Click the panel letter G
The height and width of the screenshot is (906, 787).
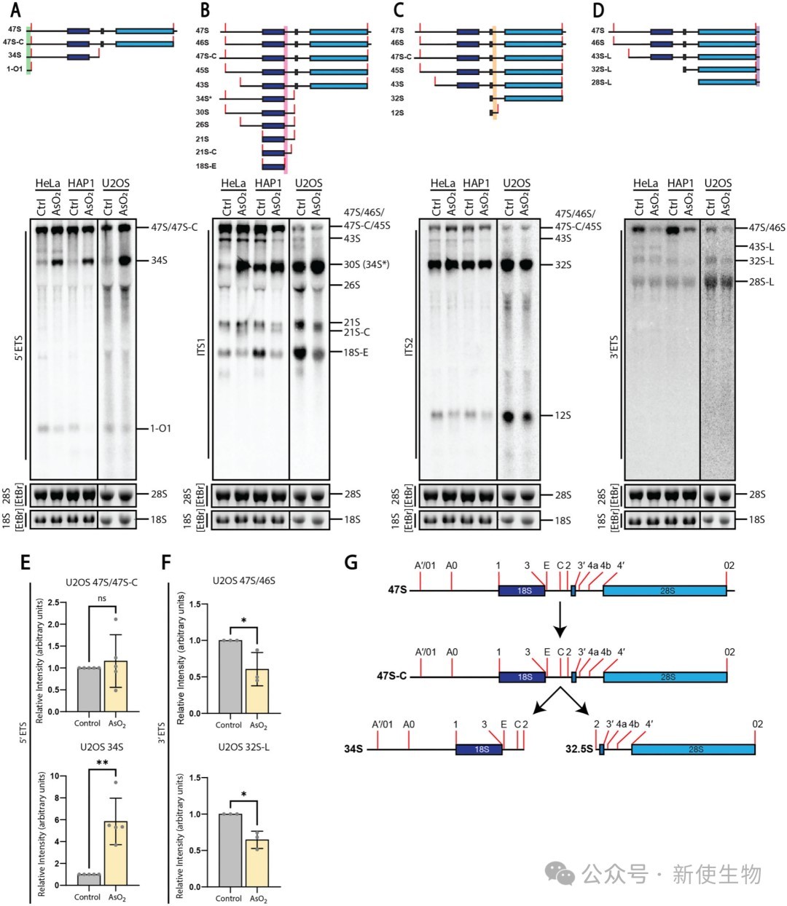click(351, 564)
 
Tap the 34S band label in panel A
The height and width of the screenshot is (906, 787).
click(159, 261)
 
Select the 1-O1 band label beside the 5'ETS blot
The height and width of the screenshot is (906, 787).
click(160, 428)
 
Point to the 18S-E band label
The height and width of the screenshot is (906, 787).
click(356, 352)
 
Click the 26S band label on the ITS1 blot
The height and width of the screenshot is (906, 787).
click(352, 285)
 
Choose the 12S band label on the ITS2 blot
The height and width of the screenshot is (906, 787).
click(563, 415)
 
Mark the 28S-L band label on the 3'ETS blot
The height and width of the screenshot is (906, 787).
click(761, 282)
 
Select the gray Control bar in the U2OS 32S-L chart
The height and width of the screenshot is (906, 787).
click(230, 850)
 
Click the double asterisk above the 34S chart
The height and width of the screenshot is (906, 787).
click(102, 763)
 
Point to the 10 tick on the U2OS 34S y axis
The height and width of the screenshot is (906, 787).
click(55, 776)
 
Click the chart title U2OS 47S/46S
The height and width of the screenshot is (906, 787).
click(243, 580)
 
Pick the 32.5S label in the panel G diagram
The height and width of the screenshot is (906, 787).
click(579, 749)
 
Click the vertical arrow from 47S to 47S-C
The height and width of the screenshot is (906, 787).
click(560, 619)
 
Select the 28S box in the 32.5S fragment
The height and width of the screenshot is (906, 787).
click(693, 749)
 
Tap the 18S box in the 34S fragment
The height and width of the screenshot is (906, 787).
click(479, 749)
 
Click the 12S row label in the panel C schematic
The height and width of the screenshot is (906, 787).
click(397, 113)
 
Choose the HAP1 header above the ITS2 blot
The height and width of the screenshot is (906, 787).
click(477, 183)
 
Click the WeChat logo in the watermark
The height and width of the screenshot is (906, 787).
click(560, 874)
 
